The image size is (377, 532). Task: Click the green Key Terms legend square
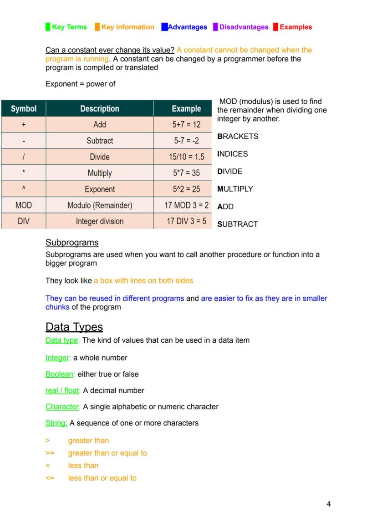48,27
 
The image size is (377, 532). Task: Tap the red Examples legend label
295,27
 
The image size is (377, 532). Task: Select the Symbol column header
23,109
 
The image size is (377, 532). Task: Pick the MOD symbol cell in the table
23,205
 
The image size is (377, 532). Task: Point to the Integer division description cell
99,222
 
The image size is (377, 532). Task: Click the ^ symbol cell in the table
23,189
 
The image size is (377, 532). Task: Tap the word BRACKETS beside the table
238,137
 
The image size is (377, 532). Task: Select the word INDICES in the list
233,154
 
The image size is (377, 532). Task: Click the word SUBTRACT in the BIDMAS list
238,224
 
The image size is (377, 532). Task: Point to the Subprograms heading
72,243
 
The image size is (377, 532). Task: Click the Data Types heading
74,327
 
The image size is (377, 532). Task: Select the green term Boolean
60,375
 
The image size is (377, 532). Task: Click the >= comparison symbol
50,453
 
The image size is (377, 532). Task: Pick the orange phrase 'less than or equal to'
102,478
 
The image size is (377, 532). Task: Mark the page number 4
329,504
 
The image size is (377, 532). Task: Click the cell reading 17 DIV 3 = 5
186,222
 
